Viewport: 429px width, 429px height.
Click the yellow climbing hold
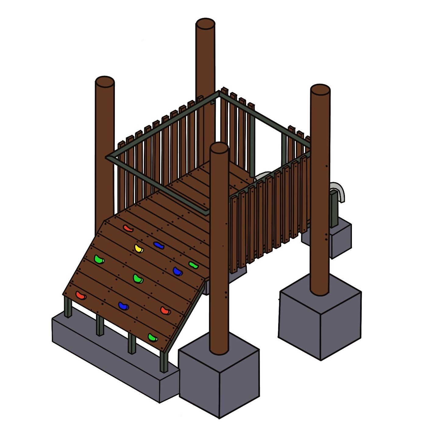[139, 248]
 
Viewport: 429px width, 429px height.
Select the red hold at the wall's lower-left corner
[81, 295]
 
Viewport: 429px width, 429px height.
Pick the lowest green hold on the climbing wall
[153, 337]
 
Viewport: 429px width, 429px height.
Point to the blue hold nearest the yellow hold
[158, 245]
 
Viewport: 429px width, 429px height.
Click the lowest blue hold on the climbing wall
[123, 306]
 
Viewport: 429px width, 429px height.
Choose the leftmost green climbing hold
[99, 260]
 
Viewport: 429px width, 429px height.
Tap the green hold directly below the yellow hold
[138, 278]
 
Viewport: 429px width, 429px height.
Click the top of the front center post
[219, 148]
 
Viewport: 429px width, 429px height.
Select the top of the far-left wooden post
[105, 82]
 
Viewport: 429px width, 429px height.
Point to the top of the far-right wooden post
[320, 90]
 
